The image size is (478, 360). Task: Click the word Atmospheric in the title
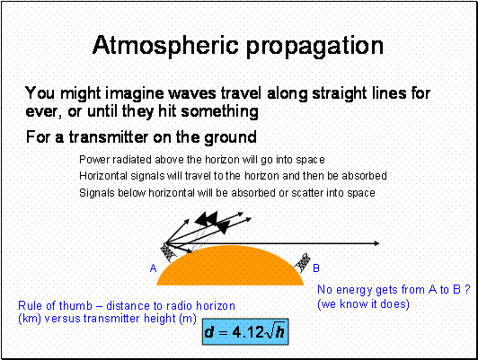(x=165, y=45)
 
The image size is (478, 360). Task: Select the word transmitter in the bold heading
(x=109, y=136)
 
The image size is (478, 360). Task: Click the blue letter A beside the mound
(x=153, y=268)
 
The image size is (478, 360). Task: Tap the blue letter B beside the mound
(x=316, y=268)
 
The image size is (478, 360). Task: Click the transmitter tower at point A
(x=167, y=252)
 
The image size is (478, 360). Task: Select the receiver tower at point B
(x=302, y=262)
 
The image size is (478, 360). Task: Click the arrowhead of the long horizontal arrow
(x=376, y=243)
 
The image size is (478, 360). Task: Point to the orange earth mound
(x=230, y=267)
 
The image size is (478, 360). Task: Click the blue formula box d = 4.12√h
(x=245, y=331)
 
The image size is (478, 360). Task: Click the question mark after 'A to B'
(x=467, y=289)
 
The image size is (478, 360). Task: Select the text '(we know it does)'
(x=363, y=304)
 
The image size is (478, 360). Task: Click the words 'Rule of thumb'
(x=55, y=305)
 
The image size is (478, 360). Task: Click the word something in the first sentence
(x=219, y=111)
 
